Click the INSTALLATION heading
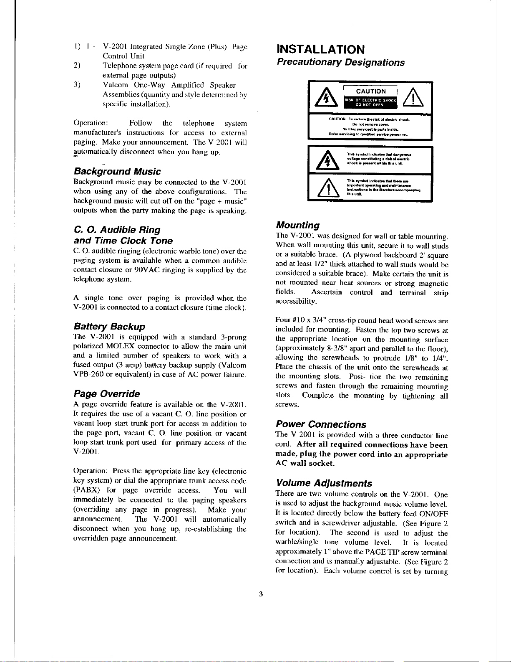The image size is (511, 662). click(x=321, y=49)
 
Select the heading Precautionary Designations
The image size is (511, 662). click(x=340, y=63)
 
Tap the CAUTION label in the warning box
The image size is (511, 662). click(x=371, y=91)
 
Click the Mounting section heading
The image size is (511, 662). click(x=297, y=226)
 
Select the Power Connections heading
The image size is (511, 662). click(x=321, y=425)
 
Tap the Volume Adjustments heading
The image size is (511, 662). click(x=323, y=484)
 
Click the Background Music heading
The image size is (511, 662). click(x=117, y=172)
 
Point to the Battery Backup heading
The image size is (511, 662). click(x=109, y=327)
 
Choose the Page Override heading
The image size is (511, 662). click(x=106, y=394)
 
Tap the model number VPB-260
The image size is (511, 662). click(x=88, y=376)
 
